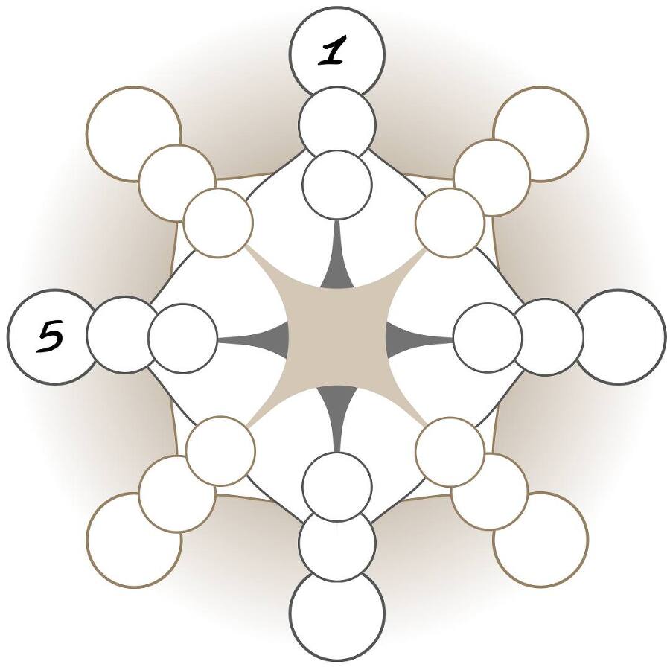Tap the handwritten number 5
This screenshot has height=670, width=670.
coord(50,339)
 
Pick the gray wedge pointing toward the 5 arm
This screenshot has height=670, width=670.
coord(257,339)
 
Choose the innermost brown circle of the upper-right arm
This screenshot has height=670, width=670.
coord(450,222)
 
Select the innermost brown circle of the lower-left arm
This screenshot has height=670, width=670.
coord(220,451)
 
